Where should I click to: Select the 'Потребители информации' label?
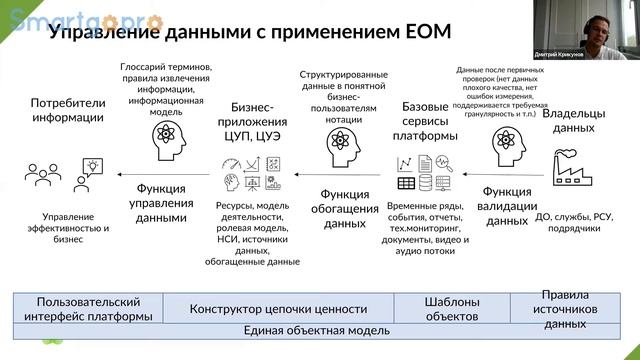coord(67,110)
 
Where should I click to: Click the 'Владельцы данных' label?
coord(574,120)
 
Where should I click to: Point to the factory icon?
coord(574,164)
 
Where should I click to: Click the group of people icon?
coord(42,172)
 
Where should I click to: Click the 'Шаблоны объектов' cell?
coord(452,308)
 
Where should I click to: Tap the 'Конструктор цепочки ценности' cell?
coord(279,309)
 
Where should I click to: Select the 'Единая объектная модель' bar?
coord(316,330)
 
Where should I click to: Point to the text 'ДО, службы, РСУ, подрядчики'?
coord(574,221)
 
